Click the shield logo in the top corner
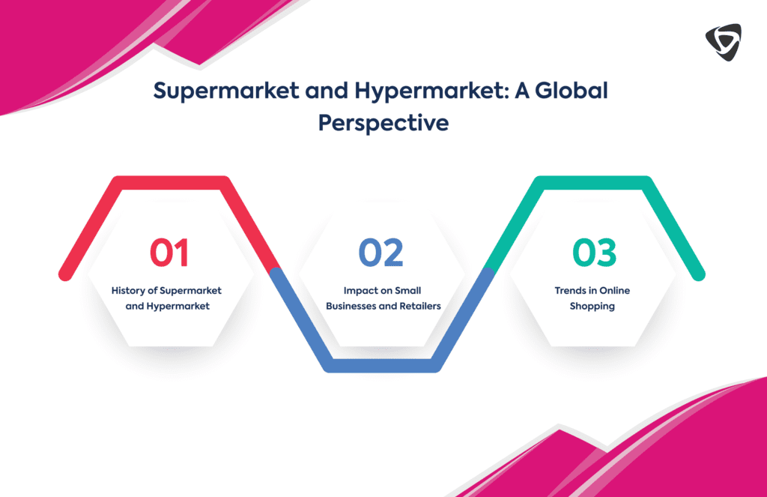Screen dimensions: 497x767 click(x=723, y=42)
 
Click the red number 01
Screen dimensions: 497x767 click(x=169, y=253)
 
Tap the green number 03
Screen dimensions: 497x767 click(x=594, y=253)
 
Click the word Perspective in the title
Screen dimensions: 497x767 click(x=383, y=122)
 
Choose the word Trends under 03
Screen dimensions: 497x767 click(x=571, y=290)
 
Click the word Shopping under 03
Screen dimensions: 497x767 click(x=592, y=306)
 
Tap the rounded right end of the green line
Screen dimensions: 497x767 click(x=698, y=274)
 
